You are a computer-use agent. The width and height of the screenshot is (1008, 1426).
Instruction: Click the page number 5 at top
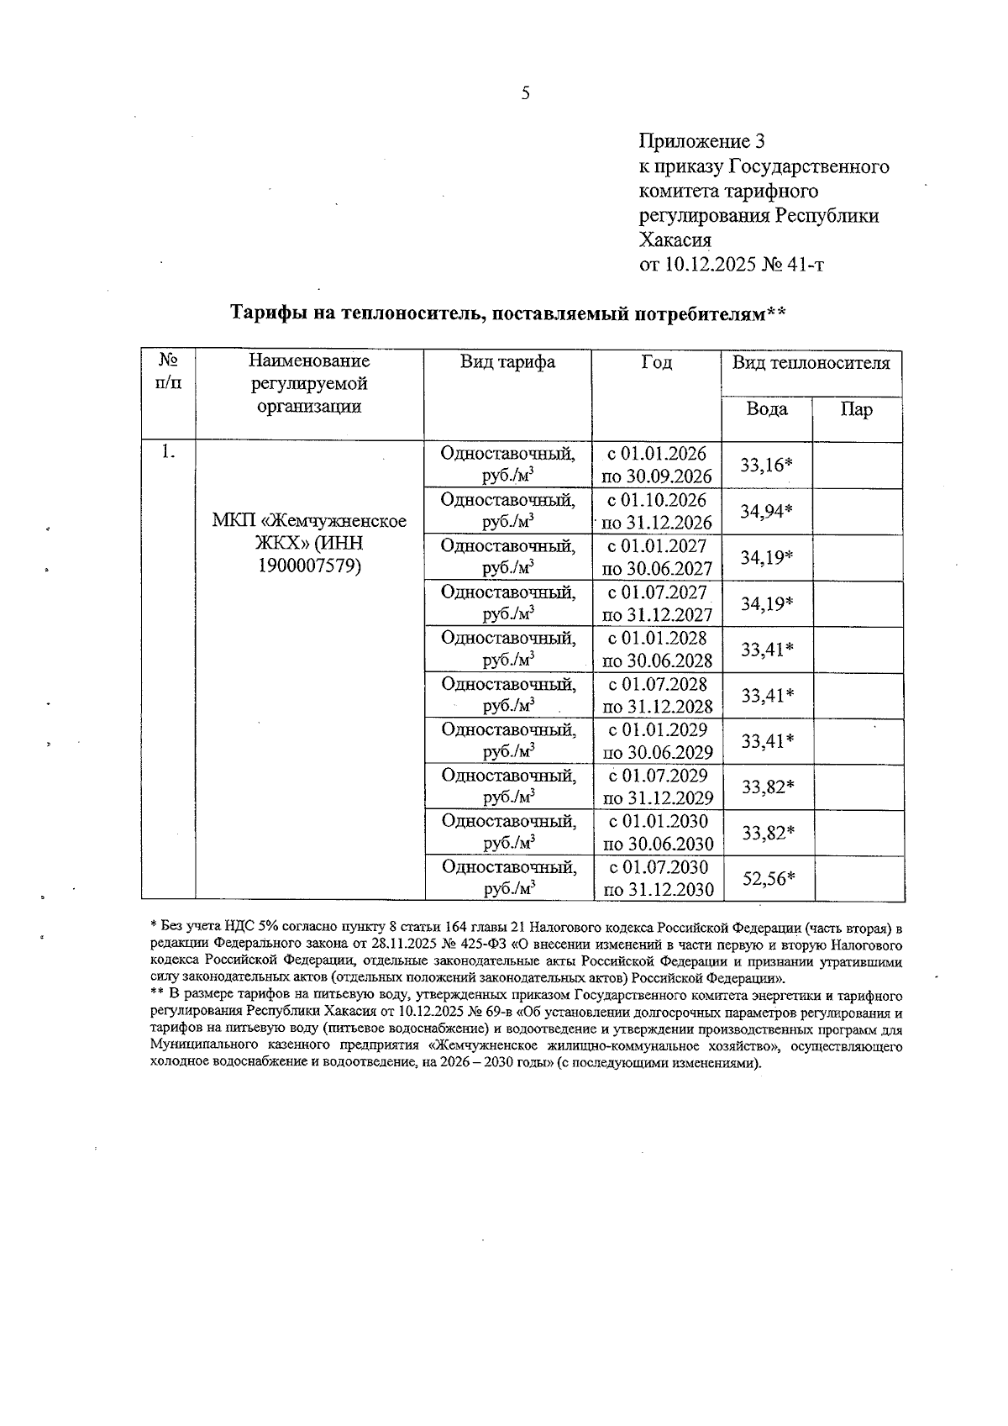pos(525,93)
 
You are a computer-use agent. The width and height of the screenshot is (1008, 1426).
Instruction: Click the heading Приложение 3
pos(701,140)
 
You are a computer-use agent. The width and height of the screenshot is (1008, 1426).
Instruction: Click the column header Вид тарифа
pos(507,362)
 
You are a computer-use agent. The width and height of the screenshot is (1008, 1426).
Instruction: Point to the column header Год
pos(656,362)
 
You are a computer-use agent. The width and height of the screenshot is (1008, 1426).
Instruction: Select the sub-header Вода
pos(767,409)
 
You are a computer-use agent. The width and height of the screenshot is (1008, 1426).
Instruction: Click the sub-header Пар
pos(856,409)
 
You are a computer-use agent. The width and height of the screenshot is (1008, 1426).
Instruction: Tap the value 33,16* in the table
pos(767,465)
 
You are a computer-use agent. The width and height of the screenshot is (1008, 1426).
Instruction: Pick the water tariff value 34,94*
pos(767,511)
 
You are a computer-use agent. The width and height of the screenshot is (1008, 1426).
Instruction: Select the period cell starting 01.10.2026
pos(657,511)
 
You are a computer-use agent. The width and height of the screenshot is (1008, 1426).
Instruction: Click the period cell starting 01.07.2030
pos(658,878)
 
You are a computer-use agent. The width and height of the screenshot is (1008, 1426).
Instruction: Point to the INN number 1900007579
pos(309,566)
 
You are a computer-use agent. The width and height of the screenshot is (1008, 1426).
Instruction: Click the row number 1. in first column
pos(168,452)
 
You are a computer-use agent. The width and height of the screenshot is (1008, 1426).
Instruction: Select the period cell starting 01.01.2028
pos(657,649)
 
